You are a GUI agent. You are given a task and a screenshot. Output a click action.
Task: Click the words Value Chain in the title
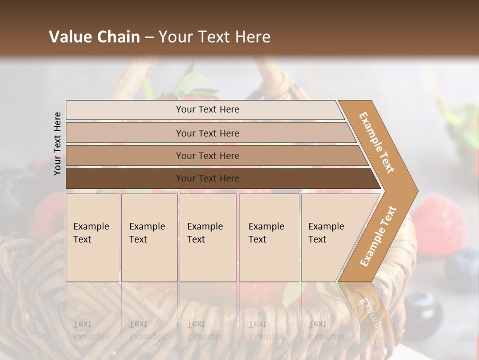click(x=94, y=37)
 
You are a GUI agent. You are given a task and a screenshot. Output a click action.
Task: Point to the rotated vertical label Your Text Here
click(x=57, y=144)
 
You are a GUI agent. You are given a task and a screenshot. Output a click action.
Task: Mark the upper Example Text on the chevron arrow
click(x=377, y=142)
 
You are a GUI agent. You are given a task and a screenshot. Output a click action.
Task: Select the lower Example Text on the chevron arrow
click(x=378, y=236)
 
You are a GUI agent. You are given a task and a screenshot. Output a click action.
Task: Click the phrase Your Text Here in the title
click(x=214, y=37)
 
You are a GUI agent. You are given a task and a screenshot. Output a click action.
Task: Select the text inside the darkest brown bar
click(x=208, y=178)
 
